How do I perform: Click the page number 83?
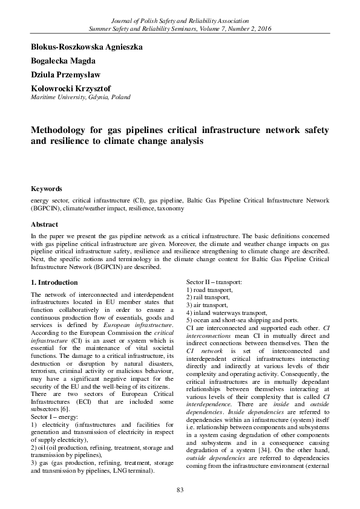(180, 489)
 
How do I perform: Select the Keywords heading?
(46, 189)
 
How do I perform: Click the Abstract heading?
(44, 224)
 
